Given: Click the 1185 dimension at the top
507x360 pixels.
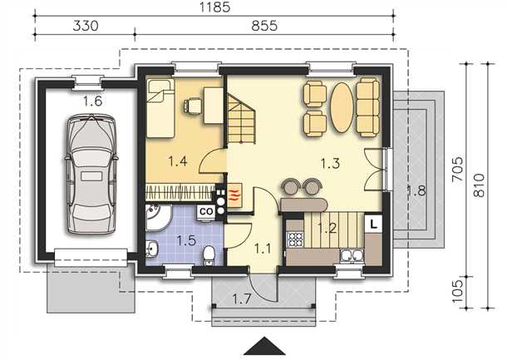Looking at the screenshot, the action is coord(214,7).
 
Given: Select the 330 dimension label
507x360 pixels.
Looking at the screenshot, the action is coord(86,26).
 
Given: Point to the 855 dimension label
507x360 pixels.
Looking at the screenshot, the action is coord(264,26).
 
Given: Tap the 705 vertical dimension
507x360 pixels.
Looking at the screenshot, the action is coord(457,170).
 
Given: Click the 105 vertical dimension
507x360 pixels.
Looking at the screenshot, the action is coord(457,291).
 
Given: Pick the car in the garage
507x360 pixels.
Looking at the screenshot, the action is coord(91,174).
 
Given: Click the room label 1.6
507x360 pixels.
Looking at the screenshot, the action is coord(93,101).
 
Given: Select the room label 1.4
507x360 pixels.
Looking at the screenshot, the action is coord(178,160).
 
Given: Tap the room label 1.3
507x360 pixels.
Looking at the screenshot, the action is coord(331,163).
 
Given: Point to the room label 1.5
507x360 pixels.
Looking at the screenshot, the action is coord(186,240).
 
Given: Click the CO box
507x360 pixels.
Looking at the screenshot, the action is coord(206,212).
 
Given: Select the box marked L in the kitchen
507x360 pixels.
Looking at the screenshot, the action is coord(373,224).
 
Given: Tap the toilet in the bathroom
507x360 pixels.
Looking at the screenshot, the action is coord(209,254).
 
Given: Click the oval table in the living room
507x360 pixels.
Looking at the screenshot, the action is coord(342,107).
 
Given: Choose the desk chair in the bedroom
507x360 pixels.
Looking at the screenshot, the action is coord(192,106).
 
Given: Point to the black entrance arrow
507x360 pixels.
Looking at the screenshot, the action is coord(264,346).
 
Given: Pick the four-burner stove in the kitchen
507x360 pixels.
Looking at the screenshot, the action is coord(295,239).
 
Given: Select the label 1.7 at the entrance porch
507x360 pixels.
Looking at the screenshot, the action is coord(242,300).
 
